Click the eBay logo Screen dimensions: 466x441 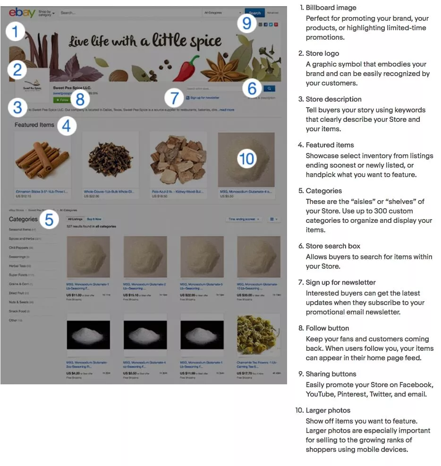tap(22, 13)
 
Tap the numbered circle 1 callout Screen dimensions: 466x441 tap(16, 32)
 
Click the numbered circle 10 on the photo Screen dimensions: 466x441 tap(246, 159)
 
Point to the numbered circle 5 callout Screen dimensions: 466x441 tap(49, 219)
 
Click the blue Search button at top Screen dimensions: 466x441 tap(254, 13)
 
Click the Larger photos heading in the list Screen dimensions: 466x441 tap(328, 410)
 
